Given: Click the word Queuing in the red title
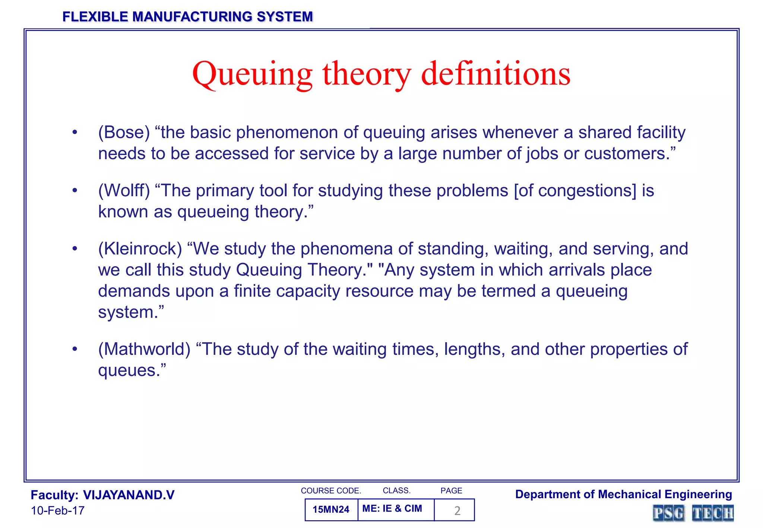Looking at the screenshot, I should coord(252,74).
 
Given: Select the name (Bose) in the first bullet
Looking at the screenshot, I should coord(124,133).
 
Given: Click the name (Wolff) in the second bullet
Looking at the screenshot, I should coord(124,191).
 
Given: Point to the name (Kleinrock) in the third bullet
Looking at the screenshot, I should coord(140,249).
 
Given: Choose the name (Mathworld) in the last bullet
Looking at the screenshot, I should coord(144,349).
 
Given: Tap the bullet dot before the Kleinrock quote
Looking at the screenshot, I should coord(75,249).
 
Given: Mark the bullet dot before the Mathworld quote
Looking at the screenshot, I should coord(75,349).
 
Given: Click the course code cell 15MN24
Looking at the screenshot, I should coord(331,509).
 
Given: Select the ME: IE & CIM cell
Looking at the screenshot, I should coord(392,509).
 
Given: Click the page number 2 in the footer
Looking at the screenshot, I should coord(457,510).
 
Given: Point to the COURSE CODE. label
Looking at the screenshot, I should coord(331,491).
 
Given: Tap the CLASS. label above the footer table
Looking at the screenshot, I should coord(396,491).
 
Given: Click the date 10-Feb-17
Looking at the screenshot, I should coord(58,510).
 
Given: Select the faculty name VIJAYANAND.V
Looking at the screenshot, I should coord(129,495).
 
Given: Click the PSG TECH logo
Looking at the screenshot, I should coord(693,513).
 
